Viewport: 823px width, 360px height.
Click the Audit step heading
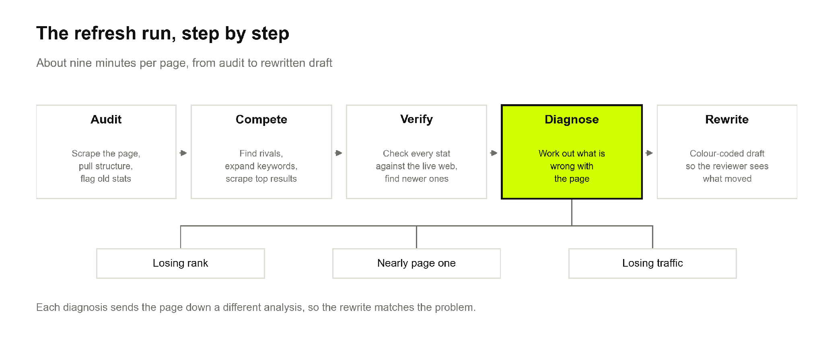coord(106,119)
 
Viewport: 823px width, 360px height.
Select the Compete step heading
coord(261,120)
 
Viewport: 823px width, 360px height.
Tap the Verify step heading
coord(416,119)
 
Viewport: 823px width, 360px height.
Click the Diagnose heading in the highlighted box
coord(572,120)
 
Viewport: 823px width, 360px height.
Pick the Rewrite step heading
coord(727,119)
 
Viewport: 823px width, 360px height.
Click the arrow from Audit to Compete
coord(183,153)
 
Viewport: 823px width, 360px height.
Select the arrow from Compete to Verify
coord(339,153)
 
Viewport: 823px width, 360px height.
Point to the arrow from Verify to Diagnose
coord(494,153)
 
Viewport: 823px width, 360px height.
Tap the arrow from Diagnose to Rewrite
coord(649,153)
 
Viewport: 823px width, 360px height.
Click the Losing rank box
coord(181,263)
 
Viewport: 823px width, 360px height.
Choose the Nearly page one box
coord(416,263)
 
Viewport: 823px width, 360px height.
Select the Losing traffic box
coord(652,263)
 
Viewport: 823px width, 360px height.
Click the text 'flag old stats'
coord(106,179)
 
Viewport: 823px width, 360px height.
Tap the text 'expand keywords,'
coord(261,166)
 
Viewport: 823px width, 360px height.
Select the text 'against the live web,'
coord(416,166)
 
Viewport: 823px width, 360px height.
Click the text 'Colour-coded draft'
coord(727,153)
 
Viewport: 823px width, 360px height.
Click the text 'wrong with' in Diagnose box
coord(572,166)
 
